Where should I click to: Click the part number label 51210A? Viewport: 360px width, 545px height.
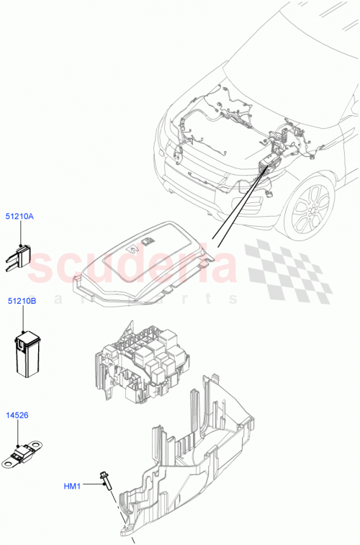21,215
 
